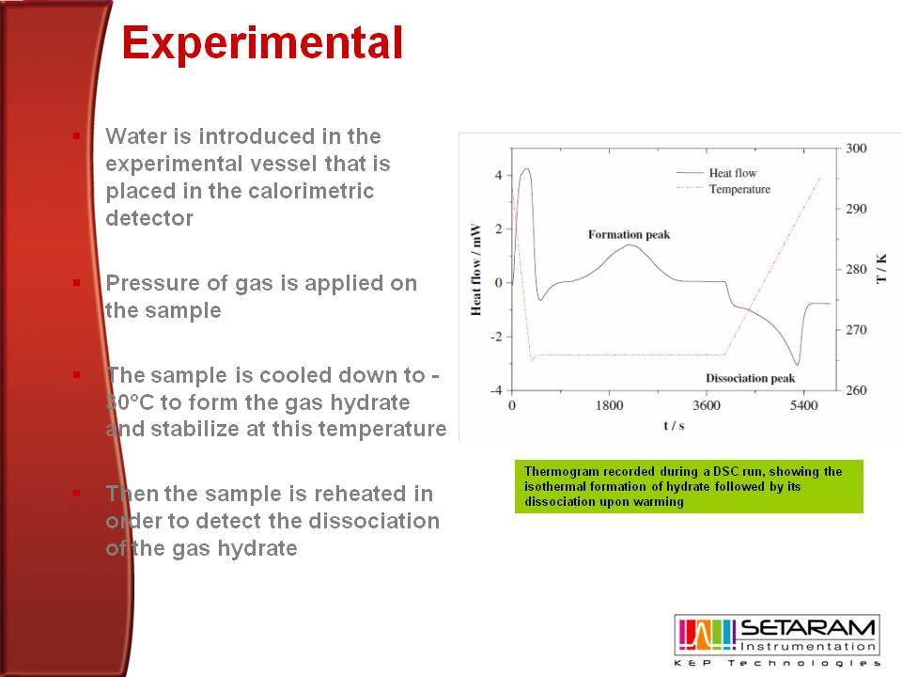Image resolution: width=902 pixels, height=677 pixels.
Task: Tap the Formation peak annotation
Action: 629,234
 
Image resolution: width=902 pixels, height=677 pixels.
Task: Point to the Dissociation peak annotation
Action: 750,378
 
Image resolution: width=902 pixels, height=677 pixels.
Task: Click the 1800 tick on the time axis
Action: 609,405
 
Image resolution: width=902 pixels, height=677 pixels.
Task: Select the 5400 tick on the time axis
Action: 803,405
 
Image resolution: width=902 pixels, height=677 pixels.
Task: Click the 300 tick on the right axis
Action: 856,149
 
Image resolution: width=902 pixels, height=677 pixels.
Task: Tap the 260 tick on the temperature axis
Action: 856,390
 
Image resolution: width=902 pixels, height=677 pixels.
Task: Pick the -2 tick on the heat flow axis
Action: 496,337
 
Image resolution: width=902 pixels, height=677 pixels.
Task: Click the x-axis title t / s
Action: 674,426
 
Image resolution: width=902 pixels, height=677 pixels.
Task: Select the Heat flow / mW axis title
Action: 475,270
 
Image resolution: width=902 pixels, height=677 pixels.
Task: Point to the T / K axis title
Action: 880,268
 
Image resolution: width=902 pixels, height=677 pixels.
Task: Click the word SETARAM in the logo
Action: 808,627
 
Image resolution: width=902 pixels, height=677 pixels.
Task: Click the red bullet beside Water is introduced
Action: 76,135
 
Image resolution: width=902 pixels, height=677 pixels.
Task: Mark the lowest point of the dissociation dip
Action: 797,365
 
